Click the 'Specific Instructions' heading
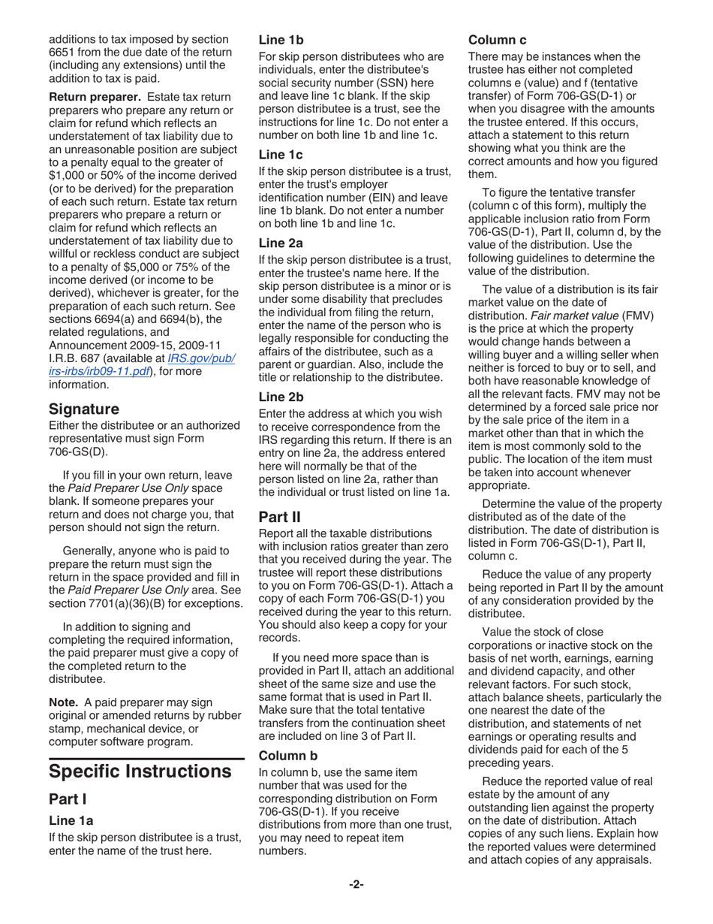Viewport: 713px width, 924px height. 140,772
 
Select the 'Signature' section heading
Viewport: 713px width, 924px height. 84,409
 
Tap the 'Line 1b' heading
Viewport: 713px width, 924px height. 281,40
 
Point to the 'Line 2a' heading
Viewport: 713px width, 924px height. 281,243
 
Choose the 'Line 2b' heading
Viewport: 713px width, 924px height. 281,397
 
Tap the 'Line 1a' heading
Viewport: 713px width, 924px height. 71,820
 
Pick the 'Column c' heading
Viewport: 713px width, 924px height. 498,40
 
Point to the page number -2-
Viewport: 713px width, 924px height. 356,884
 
